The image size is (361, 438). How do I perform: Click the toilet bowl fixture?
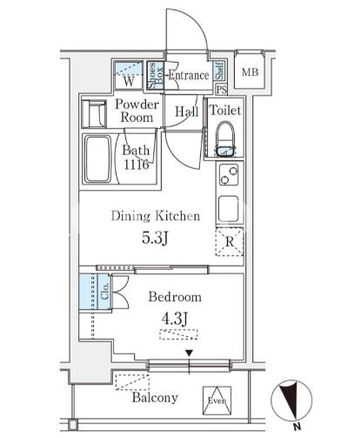point(225,139)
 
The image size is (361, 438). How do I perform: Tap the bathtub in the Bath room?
point(97,158)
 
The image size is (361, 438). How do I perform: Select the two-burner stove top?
point(229,175)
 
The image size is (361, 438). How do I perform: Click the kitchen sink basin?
point(229,208)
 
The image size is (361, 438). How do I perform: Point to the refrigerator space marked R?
point(229,242)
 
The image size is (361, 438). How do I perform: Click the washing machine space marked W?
point(129,76)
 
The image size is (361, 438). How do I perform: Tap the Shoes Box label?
point(155,75)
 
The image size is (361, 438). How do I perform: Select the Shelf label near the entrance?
point(220,71)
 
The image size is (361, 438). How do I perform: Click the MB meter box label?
point(250,71)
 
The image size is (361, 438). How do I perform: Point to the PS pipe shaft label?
point(222,90)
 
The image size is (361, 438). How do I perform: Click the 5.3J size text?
point(155,239)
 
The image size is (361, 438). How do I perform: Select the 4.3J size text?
point(175,319)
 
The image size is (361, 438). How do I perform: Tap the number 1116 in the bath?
point(137,165)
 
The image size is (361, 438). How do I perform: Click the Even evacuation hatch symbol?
point(217,401)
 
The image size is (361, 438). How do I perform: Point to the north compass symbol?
point(291,401)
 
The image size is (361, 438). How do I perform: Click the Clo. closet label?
point(104,291)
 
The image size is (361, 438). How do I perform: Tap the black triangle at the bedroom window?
point(189,353)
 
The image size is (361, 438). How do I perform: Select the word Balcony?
point(155,397)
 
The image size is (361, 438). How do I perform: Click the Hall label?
point(187,111)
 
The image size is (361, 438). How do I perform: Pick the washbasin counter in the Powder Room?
point(94,113)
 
